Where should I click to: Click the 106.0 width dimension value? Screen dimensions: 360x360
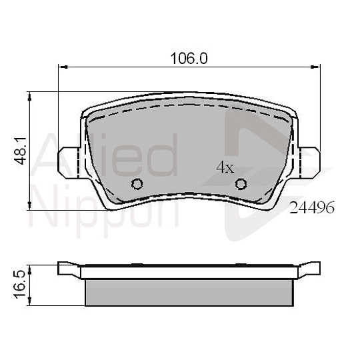[189, 58]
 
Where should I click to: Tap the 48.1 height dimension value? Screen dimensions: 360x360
[21, 151]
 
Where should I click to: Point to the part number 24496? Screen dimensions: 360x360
[312, 208]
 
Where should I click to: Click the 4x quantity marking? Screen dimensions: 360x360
[225, 167]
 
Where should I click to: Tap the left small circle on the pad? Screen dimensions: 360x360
[137, 184]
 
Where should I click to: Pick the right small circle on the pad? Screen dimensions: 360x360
[241, 184]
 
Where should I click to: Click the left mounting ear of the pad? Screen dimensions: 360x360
[69, 163]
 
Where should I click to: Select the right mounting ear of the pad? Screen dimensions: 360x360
[309, 163]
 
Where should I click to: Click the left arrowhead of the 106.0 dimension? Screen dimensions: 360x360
[63, 67]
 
